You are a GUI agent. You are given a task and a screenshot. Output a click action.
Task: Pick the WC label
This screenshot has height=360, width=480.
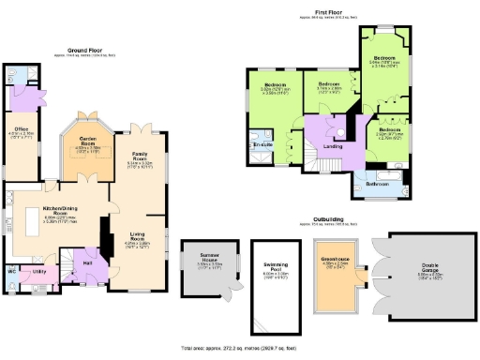tap(12, 271)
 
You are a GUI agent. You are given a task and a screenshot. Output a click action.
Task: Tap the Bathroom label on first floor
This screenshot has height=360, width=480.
tap(378, 185)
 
